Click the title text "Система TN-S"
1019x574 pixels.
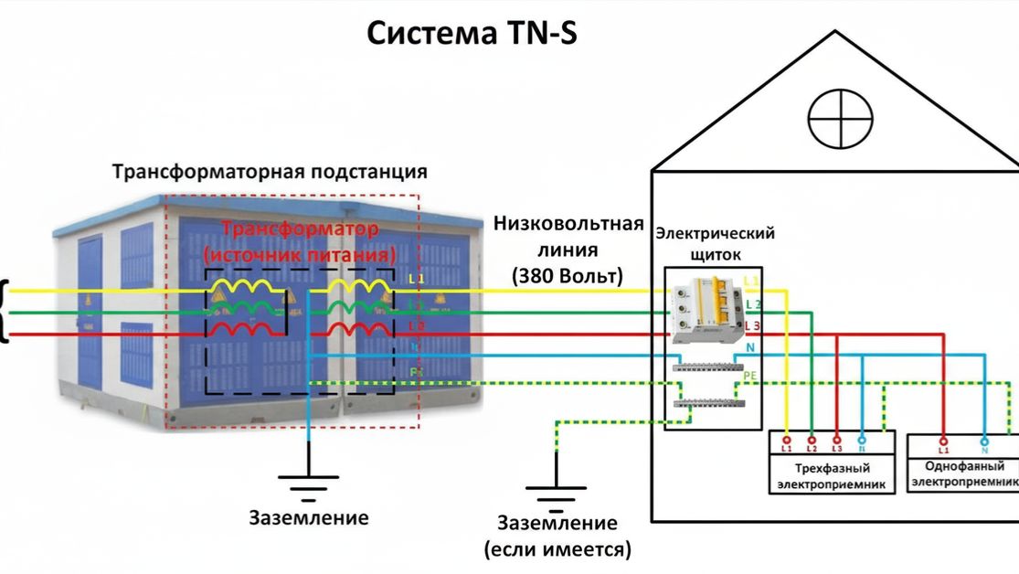pyautogui.click(x=472, y=34)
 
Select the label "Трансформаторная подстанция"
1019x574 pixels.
pyautogui.click(x=270, y=172)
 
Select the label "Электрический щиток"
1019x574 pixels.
pyautogui.click(x=715, y=243)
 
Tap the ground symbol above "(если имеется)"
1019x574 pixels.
pyautogui.click(x=556, y=494)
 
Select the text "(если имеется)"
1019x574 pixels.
pyautogui.click(x=557, y=550)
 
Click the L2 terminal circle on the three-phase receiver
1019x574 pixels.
pyautogui.click(x=812, y=438)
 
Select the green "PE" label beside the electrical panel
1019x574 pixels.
pyautogui.click(x=751, y=375)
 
